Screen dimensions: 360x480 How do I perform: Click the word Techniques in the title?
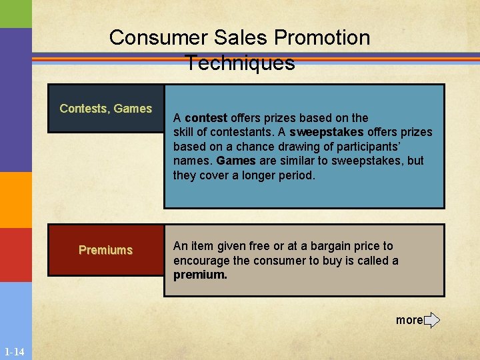pos(240,63)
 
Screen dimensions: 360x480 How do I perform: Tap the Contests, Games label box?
pos(106,109)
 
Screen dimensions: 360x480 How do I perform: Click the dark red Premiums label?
pos(106,250)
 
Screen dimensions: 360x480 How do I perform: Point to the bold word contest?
pos(206,118)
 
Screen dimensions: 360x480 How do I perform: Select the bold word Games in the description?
pos(235,161)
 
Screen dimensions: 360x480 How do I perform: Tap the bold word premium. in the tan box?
pos(201,275)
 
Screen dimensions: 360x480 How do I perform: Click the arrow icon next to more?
pos(431,320)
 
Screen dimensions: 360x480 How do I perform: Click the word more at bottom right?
pos(409,320)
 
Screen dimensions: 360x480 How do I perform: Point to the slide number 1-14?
pos(14,352)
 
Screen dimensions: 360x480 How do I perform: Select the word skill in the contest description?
pos(185,132)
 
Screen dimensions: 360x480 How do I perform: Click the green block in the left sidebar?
pos(15,14)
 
